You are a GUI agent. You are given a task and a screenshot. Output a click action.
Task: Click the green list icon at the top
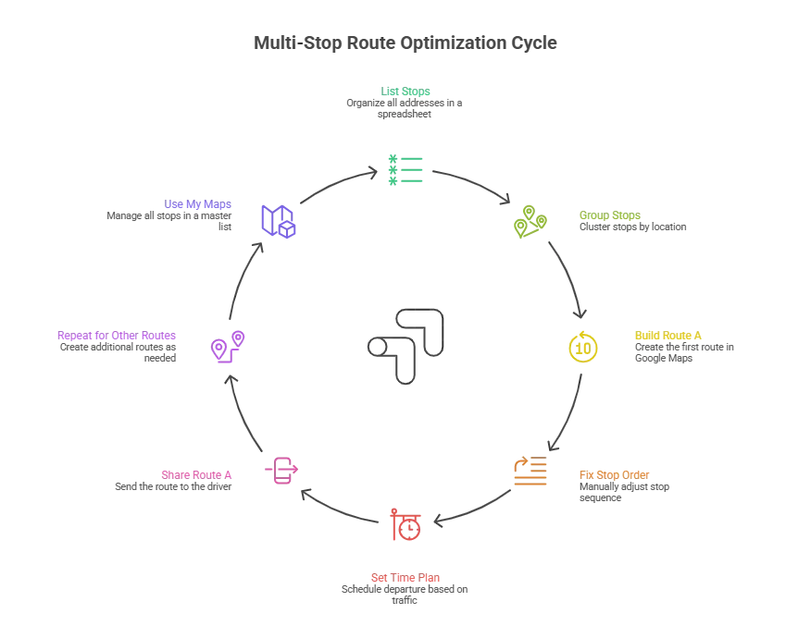click(407, 170)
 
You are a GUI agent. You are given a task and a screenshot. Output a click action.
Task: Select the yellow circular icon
click(582, 347)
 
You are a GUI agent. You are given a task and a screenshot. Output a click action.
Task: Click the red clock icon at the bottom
click(405, 525)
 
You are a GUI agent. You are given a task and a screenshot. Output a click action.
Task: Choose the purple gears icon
click(228, 347)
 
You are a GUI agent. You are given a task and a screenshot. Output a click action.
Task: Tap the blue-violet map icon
click(278, 221)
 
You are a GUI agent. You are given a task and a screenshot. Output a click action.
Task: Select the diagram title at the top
click(405, 43)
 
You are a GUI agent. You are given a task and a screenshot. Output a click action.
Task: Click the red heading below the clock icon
click(406, 577)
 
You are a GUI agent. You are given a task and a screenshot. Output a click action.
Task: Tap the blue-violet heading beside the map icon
click(198, 204)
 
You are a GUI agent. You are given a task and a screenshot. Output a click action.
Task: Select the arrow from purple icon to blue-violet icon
click(240, 277)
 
